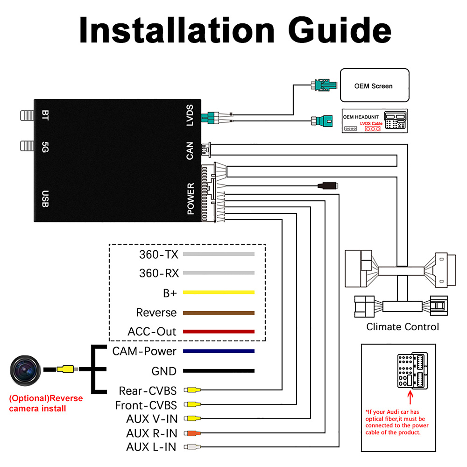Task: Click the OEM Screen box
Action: (x=374, y=85)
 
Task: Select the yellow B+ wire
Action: (x=219, y=292)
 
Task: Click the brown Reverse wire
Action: (x=219, y=312)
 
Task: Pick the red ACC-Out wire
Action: (x=219, y=332)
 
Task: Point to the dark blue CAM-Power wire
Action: (x=219, y=351)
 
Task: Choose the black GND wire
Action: (x=219, y=371)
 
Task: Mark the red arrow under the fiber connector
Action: (x=411, y=397)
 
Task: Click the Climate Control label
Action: (x=403, y=327)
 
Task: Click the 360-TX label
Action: (x=159, y=255)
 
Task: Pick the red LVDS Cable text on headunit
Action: (x=371, y=123)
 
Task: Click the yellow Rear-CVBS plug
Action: (x=193, y=390)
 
